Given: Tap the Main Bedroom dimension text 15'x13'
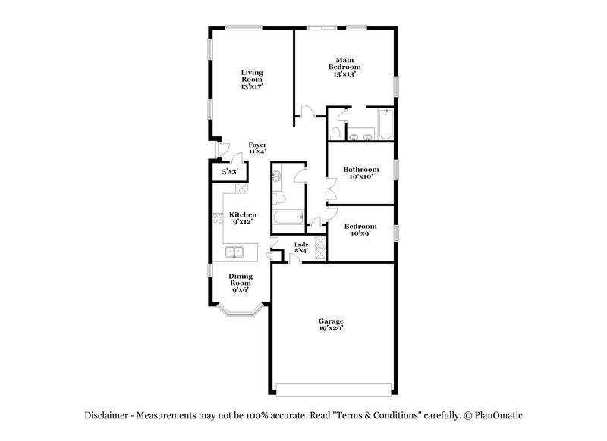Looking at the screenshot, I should click(344, 73).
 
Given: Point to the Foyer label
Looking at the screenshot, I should click(257, 145).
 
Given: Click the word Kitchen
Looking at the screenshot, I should click(242, 214).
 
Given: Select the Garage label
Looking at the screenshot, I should click(331, 322).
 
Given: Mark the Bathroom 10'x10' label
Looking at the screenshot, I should click(360, 170).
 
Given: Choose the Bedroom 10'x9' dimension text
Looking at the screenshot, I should click(360, 234).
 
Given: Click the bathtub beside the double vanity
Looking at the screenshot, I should click(385, 125).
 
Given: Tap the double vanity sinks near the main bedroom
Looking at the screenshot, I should click(360, 136).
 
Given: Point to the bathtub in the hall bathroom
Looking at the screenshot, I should click(286, 219).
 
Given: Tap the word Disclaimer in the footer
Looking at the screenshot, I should click(107, 415).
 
